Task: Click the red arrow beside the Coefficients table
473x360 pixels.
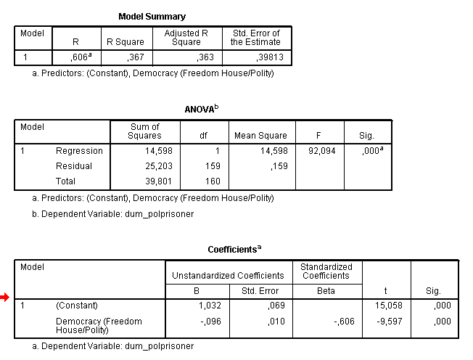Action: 6,296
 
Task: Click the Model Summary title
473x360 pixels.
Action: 152,16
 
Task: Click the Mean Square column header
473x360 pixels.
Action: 260,136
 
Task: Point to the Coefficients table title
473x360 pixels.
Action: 234,249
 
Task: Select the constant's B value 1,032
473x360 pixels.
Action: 207,306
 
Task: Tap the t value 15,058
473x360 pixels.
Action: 390,306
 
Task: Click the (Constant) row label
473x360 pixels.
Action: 77,306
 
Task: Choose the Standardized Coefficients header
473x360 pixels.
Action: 326,271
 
